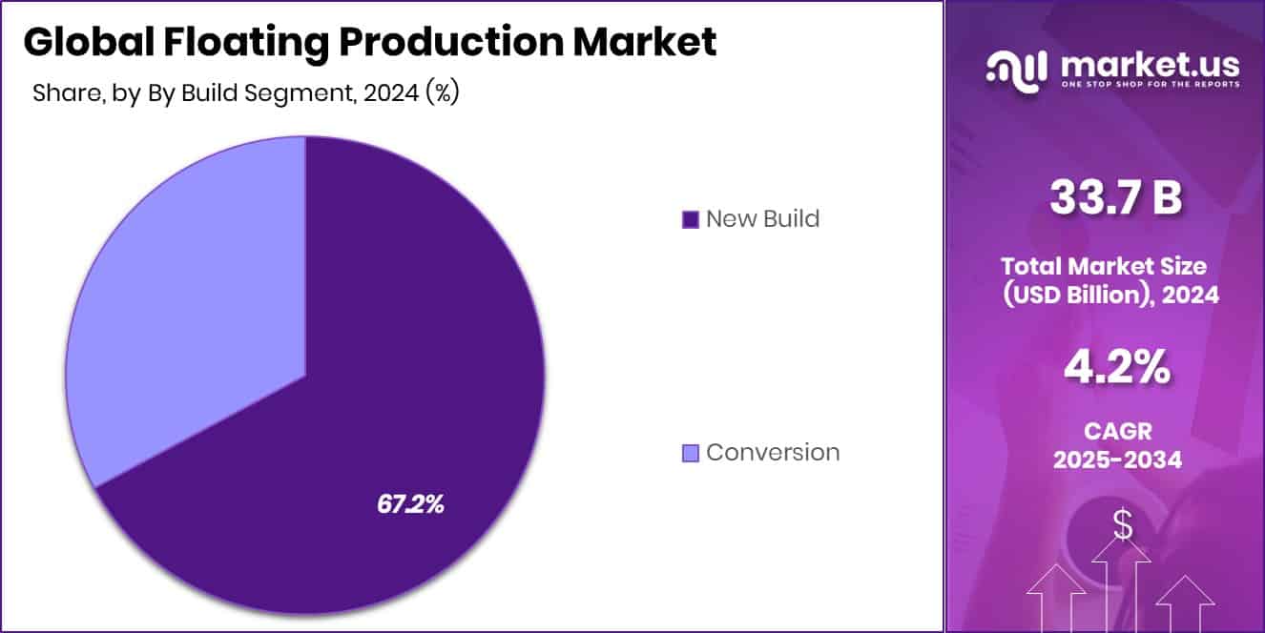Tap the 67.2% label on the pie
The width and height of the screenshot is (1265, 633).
click(410, 504)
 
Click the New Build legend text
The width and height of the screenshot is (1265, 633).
click(762, 218)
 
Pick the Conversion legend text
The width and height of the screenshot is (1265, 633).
click(773, 452)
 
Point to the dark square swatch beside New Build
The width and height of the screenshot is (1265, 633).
click(691, 219)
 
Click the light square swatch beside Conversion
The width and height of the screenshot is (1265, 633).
click(691, 453)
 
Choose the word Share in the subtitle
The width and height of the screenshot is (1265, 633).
click(62, 93)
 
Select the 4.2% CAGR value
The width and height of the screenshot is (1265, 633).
click(1117, 368)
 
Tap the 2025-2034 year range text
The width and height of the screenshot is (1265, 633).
click(1117, 459)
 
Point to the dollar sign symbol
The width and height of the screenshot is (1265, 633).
click(1123, 524)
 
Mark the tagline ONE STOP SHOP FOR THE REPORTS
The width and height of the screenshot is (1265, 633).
click(1150, 85)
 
